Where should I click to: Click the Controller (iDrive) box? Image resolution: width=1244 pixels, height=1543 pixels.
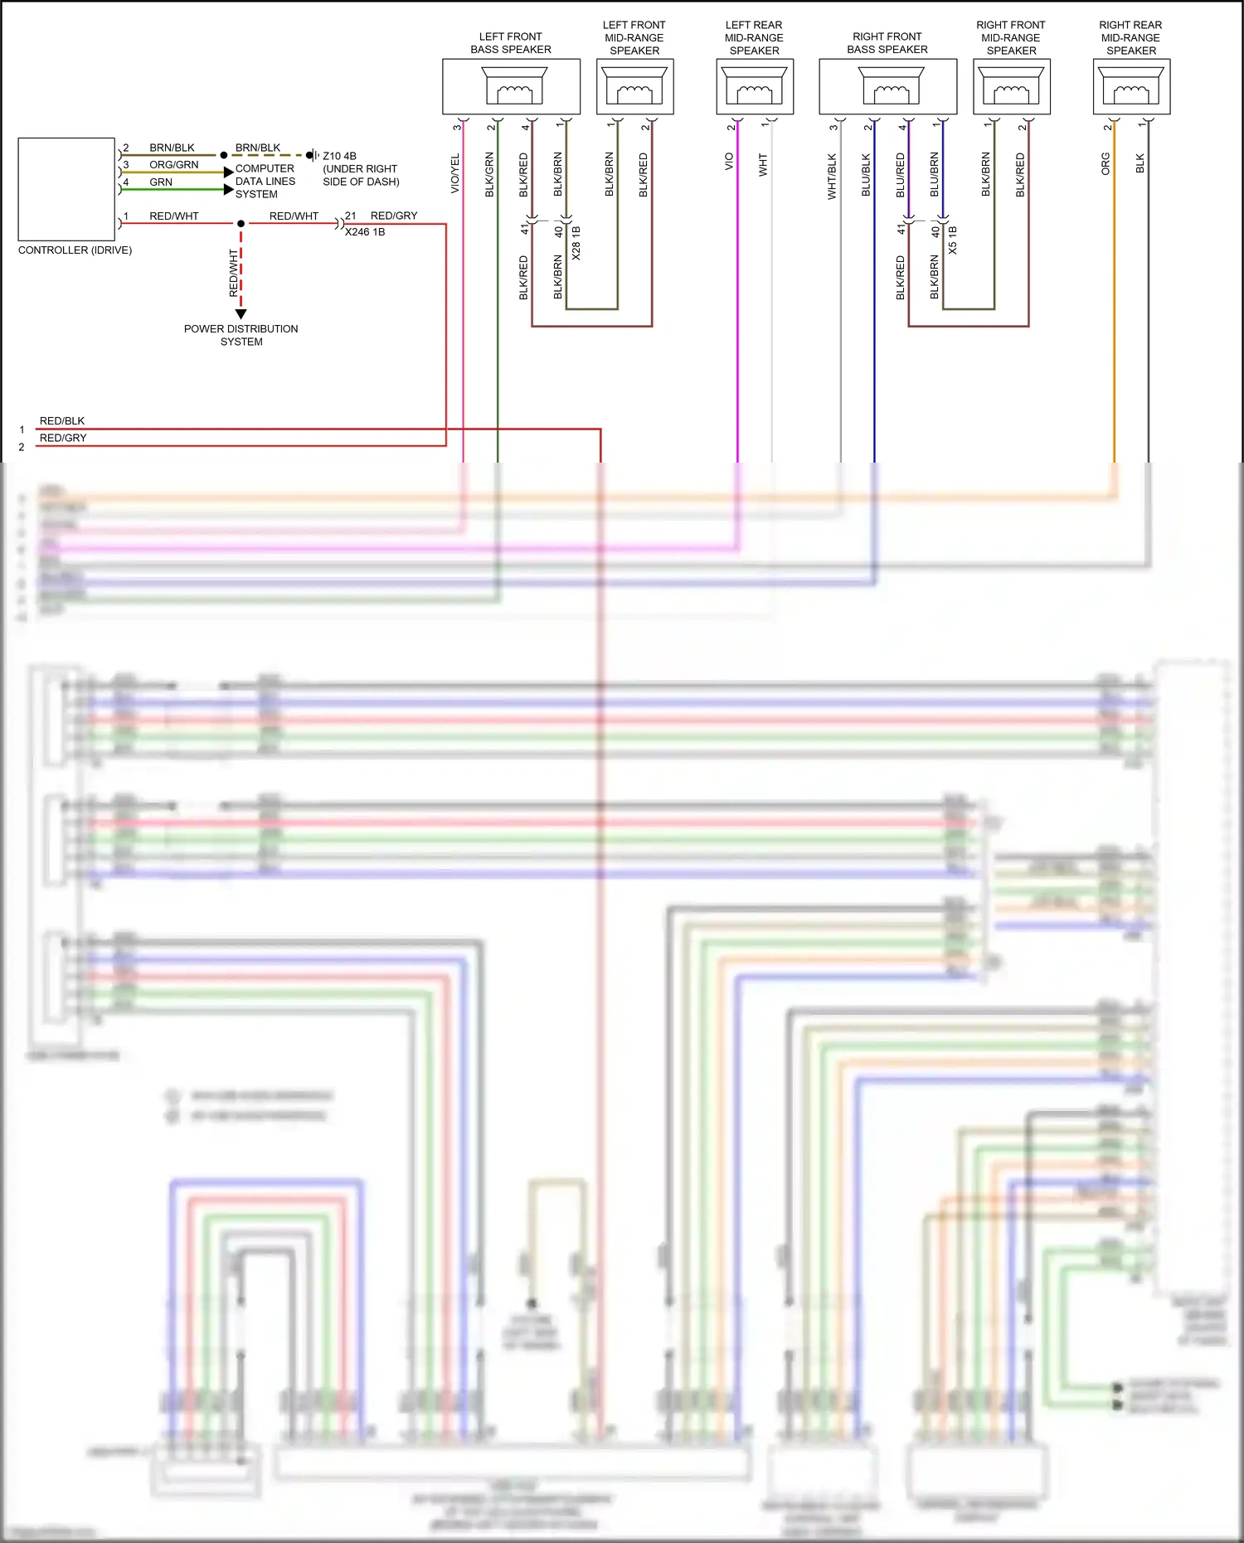coord(66,189)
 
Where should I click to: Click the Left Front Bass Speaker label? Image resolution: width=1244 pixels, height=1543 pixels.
coord(510,43)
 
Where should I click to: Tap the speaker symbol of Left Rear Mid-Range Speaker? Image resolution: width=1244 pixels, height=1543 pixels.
coord(754,85)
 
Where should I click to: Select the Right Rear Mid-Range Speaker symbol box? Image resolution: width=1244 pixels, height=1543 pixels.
coord(1131,86)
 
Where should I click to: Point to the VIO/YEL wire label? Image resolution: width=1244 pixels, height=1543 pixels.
coord(454,174)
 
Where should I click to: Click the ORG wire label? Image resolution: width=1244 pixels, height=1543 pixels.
coord(1106,163)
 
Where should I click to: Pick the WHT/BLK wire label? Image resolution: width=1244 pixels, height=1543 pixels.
coord(832,177)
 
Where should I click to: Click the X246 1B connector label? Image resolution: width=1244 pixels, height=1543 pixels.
coord(365,232)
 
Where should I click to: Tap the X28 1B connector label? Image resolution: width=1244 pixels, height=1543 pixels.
coord(576,243)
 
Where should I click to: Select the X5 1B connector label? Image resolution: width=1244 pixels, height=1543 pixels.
coord(953,240)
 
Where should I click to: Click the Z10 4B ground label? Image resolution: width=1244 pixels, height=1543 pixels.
coord(339,156)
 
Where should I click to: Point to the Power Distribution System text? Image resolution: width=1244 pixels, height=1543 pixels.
coord(241,335)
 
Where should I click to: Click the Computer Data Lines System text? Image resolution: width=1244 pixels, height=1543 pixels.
coord(265,181)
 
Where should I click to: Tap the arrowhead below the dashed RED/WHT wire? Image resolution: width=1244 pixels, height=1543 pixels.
coord(241,314)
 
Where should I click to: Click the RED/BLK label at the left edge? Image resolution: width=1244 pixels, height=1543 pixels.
coord(62,421)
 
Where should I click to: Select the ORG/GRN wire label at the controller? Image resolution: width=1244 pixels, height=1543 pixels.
coord(173,165)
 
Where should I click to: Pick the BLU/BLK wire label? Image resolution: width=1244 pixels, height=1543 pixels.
coord(866,175)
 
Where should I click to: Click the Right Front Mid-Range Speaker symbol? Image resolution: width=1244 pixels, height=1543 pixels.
coord(1011,85)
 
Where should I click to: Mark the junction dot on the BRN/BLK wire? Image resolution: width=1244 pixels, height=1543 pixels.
coord(224,155)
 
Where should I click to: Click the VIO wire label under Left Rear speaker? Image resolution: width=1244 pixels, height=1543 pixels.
coord(729,162)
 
